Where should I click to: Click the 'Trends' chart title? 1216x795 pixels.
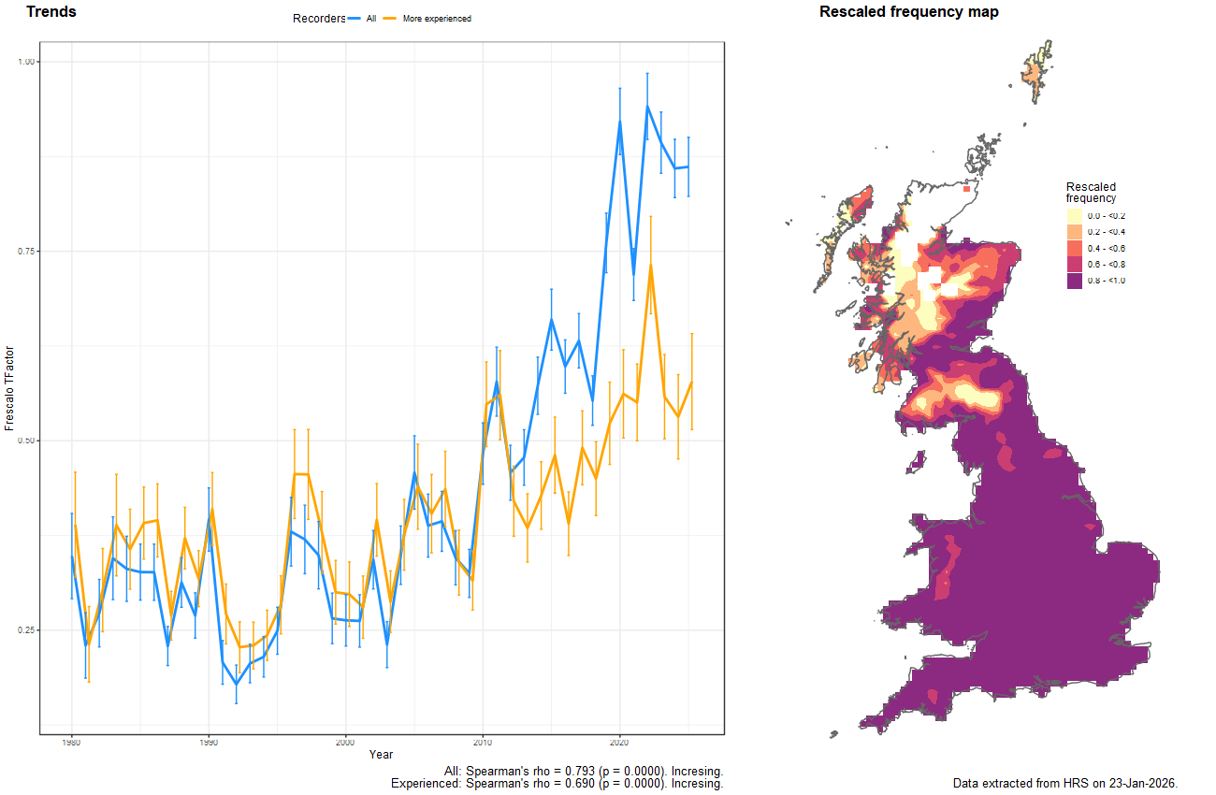click(x=51, y=12)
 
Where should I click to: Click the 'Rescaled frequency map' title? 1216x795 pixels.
click(x=908, y=12)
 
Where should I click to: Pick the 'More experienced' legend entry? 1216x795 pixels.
click(x=436, y=19)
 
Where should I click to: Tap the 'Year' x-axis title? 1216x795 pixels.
click(x=381, y=754)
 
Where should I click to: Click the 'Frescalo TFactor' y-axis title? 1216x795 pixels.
click(x=9, y=387)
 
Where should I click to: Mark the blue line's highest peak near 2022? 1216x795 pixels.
click(x=646, y=107)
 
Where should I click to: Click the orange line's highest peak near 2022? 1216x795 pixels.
click(x=649, y=266)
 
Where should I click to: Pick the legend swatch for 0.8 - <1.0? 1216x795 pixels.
click(x=1075, y=281)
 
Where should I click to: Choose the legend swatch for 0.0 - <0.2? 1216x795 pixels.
click(x=1075, y=216)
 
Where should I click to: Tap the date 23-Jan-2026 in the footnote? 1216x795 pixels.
click(x=1140, y=782)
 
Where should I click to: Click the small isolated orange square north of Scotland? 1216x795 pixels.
click(x=966, y=189)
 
